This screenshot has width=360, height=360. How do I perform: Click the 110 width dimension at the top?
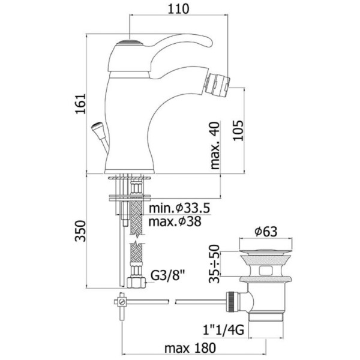pyautogui.click(x=179, y=9)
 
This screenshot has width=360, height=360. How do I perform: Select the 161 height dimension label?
pyautogui.click(x=80, y=104)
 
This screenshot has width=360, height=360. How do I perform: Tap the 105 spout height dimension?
pyautogui.click(x=238, y=130)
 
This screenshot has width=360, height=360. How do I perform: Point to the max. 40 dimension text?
pyautogui.click(x=215, y=146)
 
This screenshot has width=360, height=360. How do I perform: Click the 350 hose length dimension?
pyautogui.click(x=80, y=231)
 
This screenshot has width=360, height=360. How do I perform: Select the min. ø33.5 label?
pyautogui.click(x=179, y=208)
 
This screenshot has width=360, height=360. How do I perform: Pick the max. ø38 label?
pyautogui.click(x=175, y=221)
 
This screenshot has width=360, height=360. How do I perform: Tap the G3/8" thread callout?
pyautogui.click(x=168, y=276)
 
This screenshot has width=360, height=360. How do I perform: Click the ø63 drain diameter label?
pyautogui.click(x=266, y=232)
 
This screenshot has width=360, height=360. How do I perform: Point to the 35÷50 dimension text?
pyautogui.click(x=214, y=263)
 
